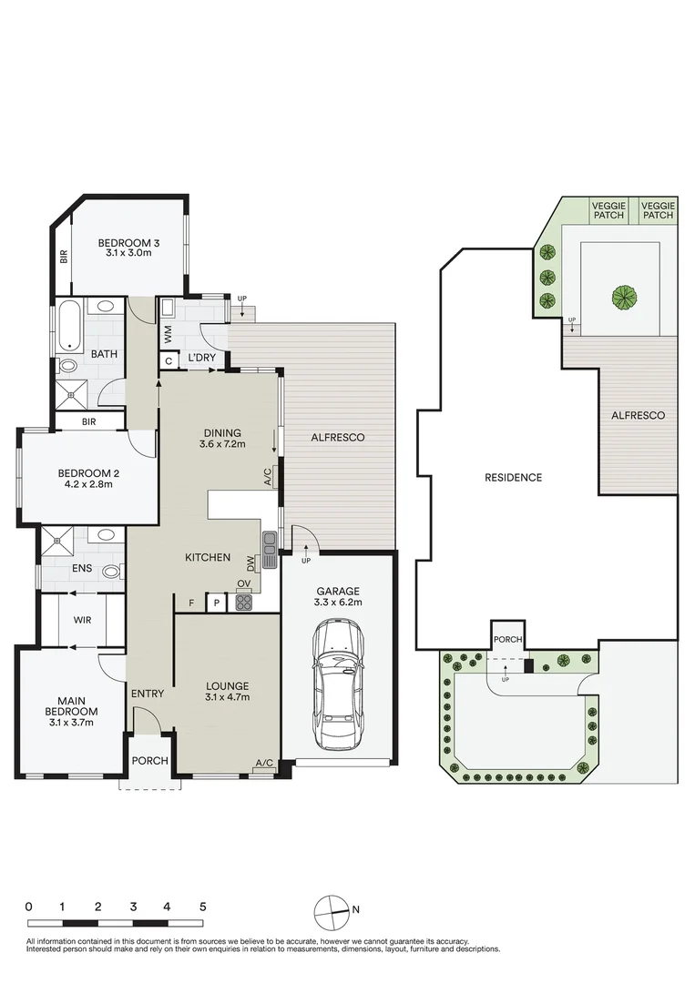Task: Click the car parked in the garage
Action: (x=338, y=679)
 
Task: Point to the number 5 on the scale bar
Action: (x=202, y=907)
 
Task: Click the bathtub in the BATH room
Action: (x=68, y=329)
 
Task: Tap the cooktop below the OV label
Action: (x=244, y=602)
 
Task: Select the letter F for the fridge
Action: (x=190, y=602)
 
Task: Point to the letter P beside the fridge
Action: (x=217, y=602)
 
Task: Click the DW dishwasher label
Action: (x=250, y=564)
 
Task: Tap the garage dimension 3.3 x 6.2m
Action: (x=338, y=603)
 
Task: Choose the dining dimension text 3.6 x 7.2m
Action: (x=222, y=445)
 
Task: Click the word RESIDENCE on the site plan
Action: (x=513, y=477)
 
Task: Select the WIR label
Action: (x=80, y=621)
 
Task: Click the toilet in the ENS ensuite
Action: (x=109, y=572)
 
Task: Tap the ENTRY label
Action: (x=148, y=694)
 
